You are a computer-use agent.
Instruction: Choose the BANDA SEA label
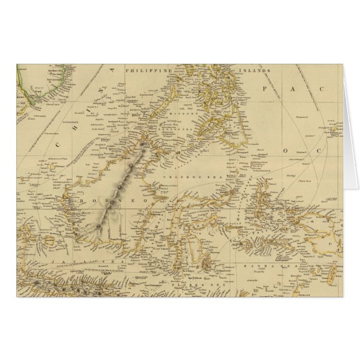click(x=260, y=266)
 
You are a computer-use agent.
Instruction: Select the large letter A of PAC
click(x=299, y=89)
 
